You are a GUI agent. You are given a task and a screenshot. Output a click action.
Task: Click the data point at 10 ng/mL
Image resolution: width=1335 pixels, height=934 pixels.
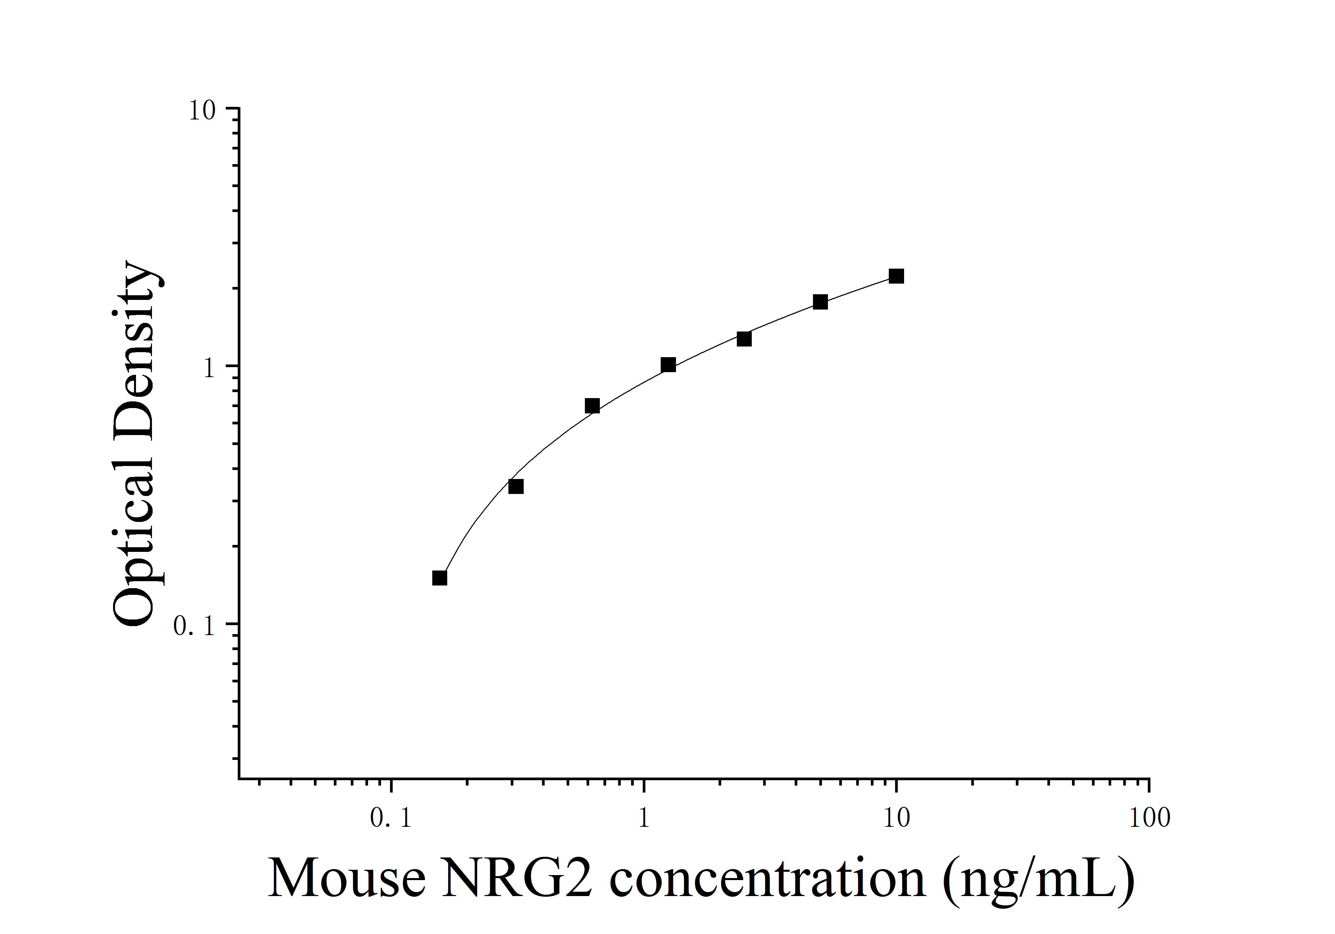click(x=896, y=276)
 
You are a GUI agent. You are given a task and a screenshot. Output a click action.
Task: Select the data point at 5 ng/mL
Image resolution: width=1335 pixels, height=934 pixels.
click(x=820, y=302)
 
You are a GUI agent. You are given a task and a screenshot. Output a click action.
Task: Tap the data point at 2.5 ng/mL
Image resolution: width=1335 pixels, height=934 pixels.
click(x=744, y=339)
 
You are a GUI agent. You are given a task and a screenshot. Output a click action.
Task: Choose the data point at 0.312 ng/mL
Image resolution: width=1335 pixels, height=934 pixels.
click(x=516, y=486)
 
